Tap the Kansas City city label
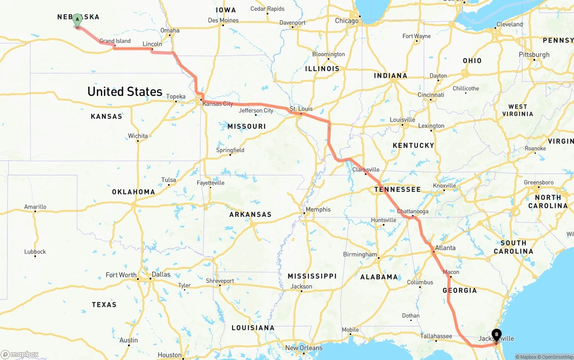(x=218, y=104)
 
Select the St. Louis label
(x=301, y=109)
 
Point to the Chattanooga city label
(x=413, y=211)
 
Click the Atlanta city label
(x=445, y=248)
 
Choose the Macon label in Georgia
(x=451, y=272)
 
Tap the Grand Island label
(x=115, y=41)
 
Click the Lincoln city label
(x=152, y=44)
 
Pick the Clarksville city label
(x=366, y=169)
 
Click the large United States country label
(x=125, y=91)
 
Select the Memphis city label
(x=318, y=209)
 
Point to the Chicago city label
(x=347, y=21)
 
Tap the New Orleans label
(x=304, y=348)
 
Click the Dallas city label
(x=161, y=274)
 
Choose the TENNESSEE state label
(x=397, y=189)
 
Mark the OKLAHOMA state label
(x=133, y=192)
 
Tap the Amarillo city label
(x=35, y=207)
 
